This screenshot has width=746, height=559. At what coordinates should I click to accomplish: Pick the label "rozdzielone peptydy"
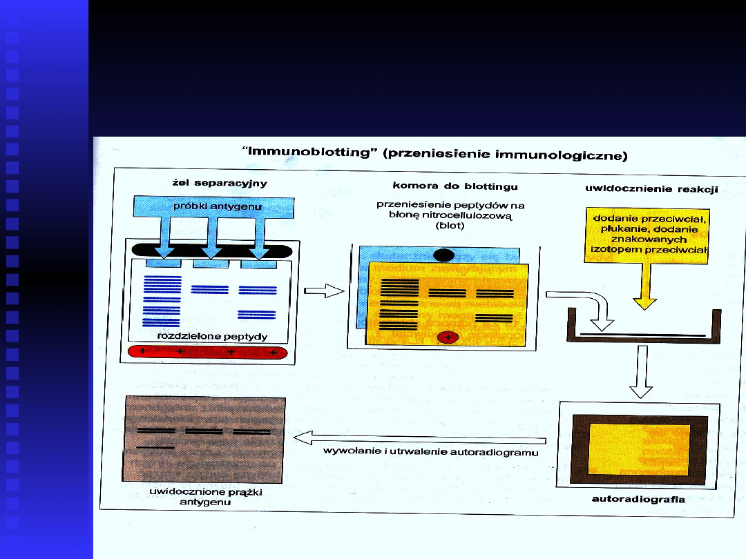[212, 336]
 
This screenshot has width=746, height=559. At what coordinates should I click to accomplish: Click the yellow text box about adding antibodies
[646, 235]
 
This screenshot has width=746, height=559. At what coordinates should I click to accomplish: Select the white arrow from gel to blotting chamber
[324, 292]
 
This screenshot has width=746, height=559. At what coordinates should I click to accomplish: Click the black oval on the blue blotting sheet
[443, 255]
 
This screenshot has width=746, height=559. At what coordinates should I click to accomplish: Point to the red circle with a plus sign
[448, 337]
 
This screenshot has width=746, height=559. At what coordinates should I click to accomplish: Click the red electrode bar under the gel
[208, 352]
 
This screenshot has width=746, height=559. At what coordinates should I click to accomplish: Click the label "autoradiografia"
[638, 498]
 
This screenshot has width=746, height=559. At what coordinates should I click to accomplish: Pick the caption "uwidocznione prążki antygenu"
[206, 497]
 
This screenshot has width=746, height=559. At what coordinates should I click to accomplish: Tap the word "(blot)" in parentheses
[450, 225]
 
